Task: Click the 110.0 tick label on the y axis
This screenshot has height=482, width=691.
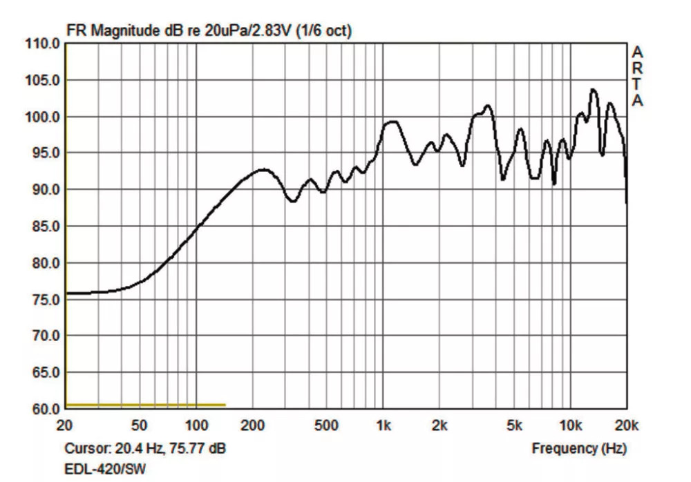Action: pos(43,44)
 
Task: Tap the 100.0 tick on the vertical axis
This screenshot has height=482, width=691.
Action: pos(43,117)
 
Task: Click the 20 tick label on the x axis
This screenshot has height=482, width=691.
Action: pos(65,426)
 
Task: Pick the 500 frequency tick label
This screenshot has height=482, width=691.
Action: pos(327,426)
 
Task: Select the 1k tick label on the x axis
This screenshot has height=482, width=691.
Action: pos(384,426)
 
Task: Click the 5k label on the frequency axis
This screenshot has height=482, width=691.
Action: pos(514,426)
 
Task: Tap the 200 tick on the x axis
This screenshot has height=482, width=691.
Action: pos(253,426)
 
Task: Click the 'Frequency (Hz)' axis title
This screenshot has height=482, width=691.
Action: pos(579,449)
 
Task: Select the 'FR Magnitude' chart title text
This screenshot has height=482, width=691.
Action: pos(114,31)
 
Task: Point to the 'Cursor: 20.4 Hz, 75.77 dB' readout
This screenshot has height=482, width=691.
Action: pos(145,449)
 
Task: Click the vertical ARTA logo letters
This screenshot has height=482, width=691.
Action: pos(638,77)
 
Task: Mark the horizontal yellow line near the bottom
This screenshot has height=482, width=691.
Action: pos(146,405)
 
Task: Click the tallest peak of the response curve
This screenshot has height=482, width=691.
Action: pos(593,90)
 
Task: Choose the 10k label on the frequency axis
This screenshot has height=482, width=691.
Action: pos(570,426)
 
